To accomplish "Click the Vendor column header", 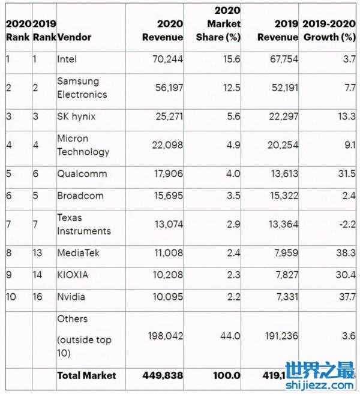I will (x=74, y=37).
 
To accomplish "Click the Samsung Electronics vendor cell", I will (x=82, y=88).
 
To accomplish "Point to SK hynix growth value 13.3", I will (x=347, y=116).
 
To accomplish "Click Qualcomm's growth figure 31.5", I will (x=347, y=174).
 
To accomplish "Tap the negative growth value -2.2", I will (x=347, y=224).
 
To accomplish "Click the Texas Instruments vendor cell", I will (x=83, y=224).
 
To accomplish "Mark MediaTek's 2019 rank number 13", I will (x=38, y=253).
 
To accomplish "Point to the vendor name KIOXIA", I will (x=73, y=275).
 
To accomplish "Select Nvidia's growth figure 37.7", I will (x=347, y=297).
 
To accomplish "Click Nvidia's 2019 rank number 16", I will (x=38, y=297).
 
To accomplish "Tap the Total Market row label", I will (x=86, y=375).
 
